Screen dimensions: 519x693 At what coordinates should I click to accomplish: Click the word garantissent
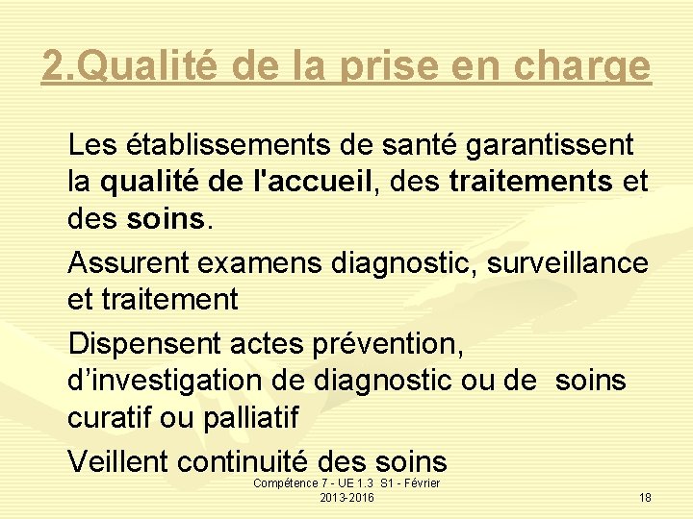point(550,146)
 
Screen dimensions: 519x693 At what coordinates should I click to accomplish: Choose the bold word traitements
point(530,182)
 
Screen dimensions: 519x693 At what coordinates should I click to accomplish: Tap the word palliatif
point(251,419)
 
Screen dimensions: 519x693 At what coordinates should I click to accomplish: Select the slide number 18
point(645,497)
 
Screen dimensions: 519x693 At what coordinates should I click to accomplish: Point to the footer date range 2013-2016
point(346,497)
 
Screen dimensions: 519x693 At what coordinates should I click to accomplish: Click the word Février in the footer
point(422,482)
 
